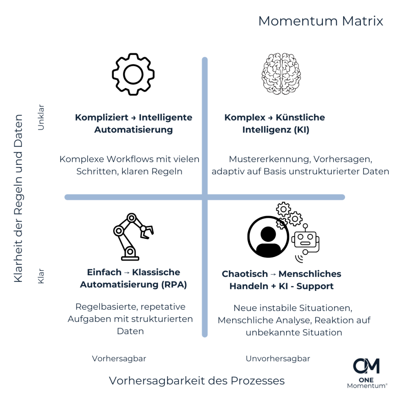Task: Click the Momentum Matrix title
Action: pyautogui.click(x=321, y=21)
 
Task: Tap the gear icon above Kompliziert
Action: pyautogui.click(x=133, y=74)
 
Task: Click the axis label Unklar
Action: pyautogui.click(x=41, y=117)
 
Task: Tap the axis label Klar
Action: pyautogui.click(x=41, y=276)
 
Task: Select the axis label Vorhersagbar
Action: pyautogui.click(x=119, y=359)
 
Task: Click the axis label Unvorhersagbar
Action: pyautogui.click(x=278, y=359)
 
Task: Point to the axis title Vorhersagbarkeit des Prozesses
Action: pyautogui.click(x=197, y=381)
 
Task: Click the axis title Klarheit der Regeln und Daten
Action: pyautogui.click(x=19, y=198)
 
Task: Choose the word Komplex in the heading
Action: pyautogui.click(x=245, y=117)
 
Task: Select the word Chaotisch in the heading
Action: pyautogui.click(x=245, y=274)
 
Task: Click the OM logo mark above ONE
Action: pyautogui.click(x=366, y=366)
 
